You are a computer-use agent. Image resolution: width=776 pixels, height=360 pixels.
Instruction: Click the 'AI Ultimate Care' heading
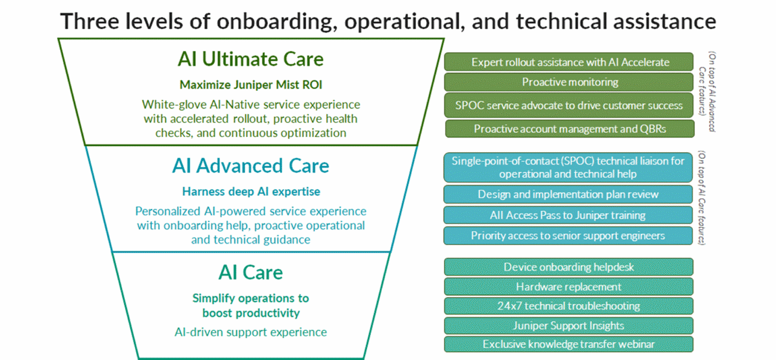(250, 59)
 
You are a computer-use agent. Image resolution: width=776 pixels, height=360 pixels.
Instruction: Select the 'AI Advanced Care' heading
(250, 165)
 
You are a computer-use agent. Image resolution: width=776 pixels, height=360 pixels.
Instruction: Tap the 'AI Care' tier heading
(250, 272)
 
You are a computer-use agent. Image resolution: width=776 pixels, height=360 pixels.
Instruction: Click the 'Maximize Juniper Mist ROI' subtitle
(250, 85)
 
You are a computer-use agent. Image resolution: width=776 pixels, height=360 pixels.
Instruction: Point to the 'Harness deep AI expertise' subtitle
(250, 192)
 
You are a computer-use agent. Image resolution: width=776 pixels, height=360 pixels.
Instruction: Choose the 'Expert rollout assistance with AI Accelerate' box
(569, 62)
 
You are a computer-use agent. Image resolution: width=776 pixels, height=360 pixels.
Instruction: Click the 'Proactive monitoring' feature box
(569, 82)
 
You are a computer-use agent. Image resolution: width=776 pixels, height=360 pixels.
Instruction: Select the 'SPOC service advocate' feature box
(569, 105)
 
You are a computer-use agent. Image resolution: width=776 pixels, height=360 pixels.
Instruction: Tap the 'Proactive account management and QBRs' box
(569, 128)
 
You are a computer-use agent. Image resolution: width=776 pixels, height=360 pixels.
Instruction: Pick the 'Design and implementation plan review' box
(568, 195)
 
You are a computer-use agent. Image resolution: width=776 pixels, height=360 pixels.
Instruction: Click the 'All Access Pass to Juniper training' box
(568, 215)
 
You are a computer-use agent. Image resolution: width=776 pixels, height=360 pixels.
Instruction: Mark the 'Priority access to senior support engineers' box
(568, 236)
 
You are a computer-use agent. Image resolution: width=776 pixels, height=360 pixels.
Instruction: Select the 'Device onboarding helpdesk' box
(569, 267)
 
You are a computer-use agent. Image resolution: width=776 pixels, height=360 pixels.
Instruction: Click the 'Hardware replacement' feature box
(569, 287)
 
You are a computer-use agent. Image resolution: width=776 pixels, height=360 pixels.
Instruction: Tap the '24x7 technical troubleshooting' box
(569, 306)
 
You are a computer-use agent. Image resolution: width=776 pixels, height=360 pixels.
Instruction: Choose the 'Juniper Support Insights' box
(569, 325)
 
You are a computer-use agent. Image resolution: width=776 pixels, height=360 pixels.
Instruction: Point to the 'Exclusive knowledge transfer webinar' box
(569, 344)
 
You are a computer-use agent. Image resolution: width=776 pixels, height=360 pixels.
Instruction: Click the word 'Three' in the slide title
(85, 22)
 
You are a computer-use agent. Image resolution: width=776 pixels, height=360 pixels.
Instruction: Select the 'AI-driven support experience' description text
(250, 332)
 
